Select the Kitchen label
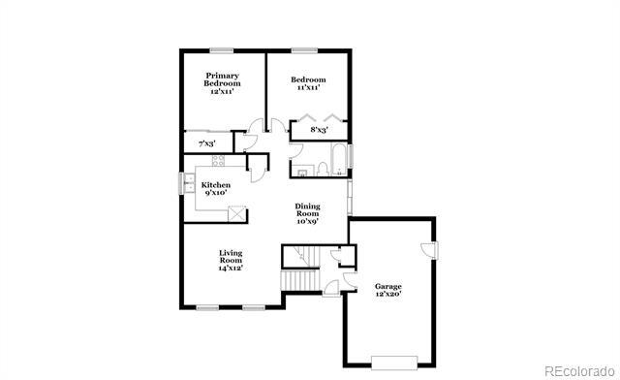[x=215, y=188]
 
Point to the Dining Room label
[x=307, y=213]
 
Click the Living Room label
[x=230, y=260]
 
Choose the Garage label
[x=387, y=290]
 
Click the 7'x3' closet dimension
[x=206, y=143]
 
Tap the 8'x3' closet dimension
[x=318, y=129]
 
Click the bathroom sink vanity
[x=301, y=172]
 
